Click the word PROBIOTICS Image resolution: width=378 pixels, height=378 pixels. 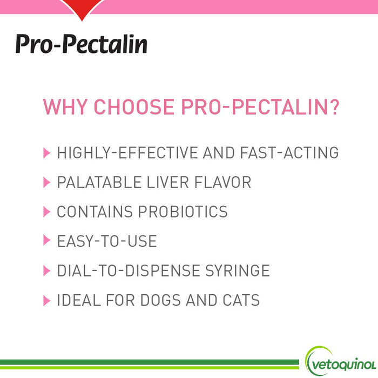point(183,212)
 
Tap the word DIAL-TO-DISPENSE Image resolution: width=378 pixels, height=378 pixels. point(123,271)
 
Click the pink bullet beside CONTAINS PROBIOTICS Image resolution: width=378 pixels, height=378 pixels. point(46,212)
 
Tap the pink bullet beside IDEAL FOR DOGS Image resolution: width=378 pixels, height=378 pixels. point(46,300)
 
